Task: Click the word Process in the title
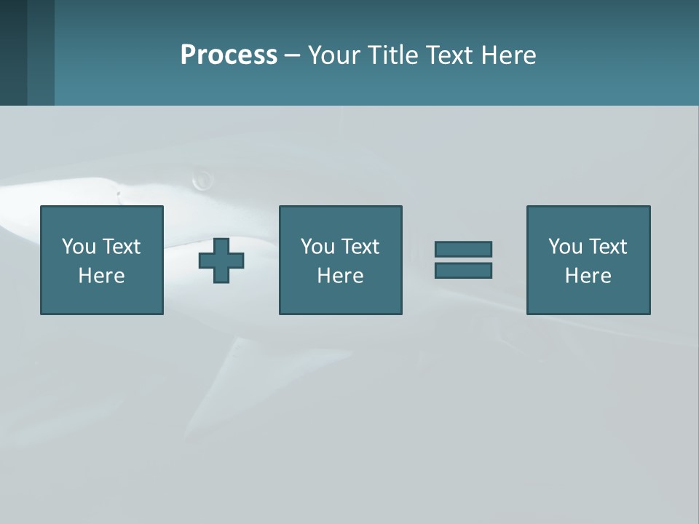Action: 229,55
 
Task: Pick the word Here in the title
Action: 509,55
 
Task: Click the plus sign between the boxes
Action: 221,261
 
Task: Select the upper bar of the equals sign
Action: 463,249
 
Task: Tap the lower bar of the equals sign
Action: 463,271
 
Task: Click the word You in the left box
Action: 79,247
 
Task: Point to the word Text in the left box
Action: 121,247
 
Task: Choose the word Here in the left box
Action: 101,276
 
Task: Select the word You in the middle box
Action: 317,247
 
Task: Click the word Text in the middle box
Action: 360,247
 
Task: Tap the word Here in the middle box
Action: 340,276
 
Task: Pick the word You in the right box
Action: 565,247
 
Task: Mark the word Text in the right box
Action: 607,247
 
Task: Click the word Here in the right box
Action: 588,276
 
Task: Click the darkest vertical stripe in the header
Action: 13,52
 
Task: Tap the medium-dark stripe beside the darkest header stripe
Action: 41,52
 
